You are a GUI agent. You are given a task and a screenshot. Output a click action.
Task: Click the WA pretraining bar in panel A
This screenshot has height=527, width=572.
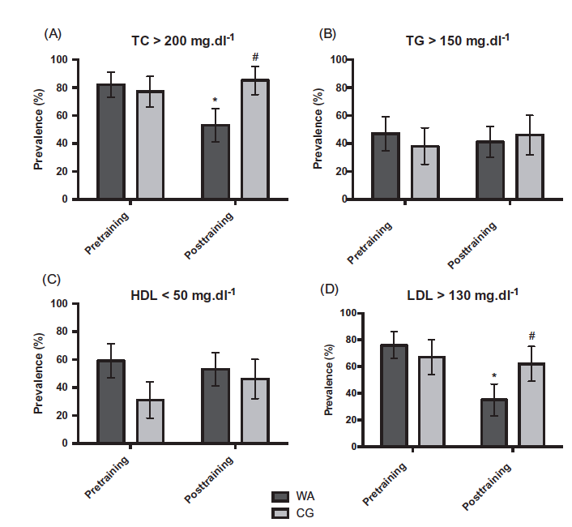click(x=111, y=141)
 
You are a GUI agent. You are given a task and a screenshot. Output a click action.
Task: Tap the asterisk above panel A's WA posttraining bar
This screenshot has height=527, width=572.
click(x=216, y=101)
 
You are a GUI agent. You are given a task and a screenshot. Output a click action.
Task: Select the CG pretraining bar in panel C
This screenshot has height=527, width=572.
click(x=150, y=421)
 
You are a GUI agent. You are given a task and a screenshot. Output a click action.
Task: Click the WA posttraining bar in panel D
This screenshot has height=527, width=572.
click(x=493, y=422)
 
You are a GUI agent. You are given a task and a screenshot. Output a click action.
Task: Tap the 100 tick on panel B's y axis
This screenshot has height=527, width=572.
click(x=338, y=60)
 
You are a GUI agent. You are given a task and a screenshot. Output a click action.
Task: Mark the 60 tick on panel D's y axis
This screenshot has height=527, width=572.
click(x=331, y=366)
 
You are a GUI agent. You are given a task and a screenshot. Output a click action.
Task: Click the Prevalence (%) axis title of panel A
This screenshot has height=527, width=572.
click(x=38, y=129)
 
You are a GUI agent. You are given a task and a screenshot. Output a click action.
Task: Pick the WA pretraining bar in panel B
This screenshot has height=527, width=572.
click(x=386, y=165)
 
